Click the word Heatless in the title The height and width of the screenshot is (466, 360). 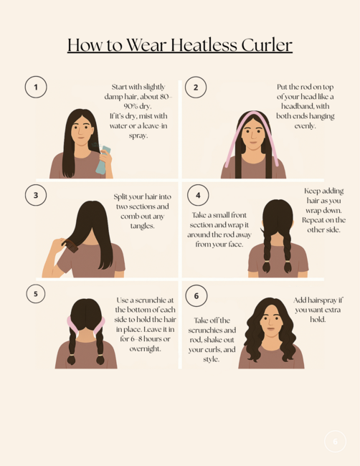pos(204,45)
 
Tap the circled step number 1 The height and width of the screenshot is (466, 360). pos(36,87)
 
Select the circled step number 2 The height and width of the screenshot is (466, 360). pos(196,87)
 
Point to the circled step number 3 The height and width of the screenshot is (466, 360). pos(36,195)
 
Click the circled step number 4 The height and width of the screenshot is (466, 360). pos(198,195)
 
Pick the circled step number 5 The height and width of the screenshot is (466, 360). pos(36,294)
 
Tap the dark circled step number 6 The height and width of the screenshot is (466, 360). pos(196,296)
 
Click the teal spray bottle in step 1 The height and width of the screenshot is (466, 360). pos(103,160)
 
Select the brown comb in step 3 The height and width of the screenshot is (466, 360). pos(70,246)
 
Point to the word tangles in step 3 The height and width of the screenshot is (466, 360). pos(142,226)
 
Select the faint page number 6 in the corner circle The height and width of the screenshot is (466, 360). pos(336,442)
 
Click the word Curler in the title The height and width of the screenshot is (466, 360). pos(267,45)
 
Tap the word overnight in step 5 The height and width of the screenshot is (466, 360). pos(145,348)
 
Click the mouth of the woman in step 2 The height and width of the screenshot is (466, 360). pos(253,142)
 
